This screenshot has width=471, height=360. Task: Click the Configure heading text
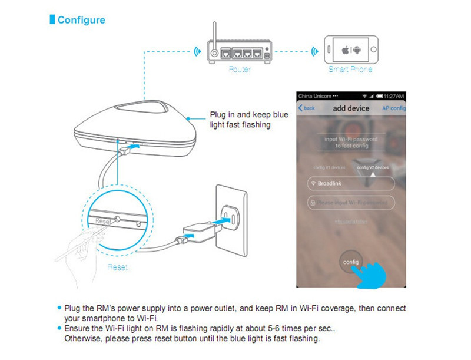[x=81, y=20]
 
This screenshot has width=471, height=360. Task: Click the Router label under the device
[x=240, y=70]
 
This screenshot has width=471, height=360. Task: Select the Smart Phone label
[x=350, y=70]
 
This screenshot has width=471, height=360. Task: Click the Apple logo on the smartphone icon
[x=346, y=49]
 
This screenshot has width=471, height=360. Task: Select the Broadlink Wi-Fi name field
[x=350, y=184]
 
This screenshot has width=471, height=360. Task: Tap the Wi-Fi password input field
[x=350, y=203]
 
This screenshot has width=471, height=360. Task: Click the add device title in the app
[x=351, y=108]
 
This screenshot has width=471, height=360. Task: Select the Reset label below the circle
[x=118, y=267]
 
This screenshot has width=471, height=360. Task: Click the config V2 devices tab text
[x=373, y=167]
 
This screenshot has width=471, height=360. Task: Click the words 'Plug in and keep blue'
[x=249, y=115]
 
